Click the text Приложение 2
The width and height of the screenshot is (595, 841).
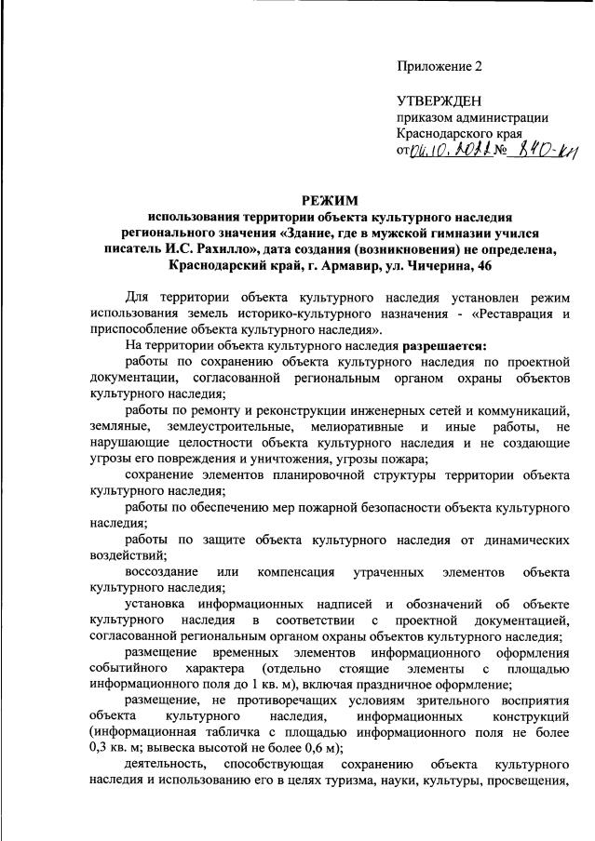pyautogui.click(x=440, y=66)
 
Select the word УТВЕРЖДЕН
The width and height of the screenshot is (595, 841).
pyautogui.click(x=439, y=100)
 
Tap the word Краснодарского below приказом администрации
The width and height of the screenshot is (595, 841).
pyautogui.click(x=449, y=133)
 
